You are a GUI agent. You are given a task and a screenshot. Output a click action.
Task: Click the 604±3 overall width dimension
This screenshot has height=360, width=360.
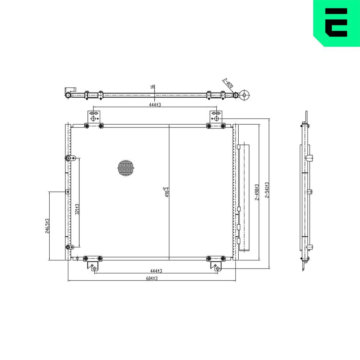[x=152, y=278]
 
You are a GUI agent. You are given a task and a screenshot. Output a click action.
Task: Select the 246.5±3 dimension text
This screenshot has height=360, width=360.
[x=47, y=226]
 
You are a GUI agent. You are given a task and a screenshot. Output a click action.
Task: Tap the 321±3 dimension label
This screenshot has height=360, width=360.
[x=77, y=210]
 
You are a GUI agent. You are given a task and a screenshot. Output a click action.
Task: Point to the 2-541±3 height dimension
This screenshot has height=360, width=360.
[x=267, y=190]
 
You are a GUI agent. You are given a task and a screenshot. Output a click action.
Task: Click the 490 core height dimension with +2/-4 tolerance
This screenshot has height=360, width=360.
[x=166, y=192]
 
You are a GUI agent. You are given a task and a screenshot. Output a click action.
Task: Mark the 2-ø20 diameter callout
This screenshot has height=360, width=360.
[x=228, y=84]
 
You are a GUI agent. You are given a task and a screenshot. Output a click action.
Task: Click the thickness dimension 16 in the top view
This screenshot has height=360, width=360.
[x=153, y=87]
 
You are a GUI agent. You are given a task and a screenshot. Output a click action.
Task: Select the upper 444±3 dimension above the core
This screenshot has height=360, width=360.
[x=155, y=104]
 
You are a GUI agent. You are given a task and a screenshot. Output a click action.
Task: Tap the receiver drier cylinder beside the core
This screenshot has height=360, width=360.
[x=244, y=197]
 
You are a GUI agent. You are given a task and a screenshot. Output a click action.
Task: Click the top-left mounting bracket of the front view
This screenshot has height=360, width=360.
[x=94, y=117]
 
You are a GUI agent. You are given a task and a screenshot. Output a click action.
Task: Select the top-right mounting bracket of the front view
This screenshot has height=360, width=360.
[x=216, y=117]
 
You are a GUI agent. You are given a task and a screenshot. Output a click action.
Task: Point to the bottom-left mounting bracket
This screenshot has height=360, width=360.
[x=93, y=266]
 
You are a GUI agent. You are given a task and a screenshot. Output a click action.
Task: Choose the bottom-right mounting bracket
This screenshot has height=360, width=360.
[x=216, y=266]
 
